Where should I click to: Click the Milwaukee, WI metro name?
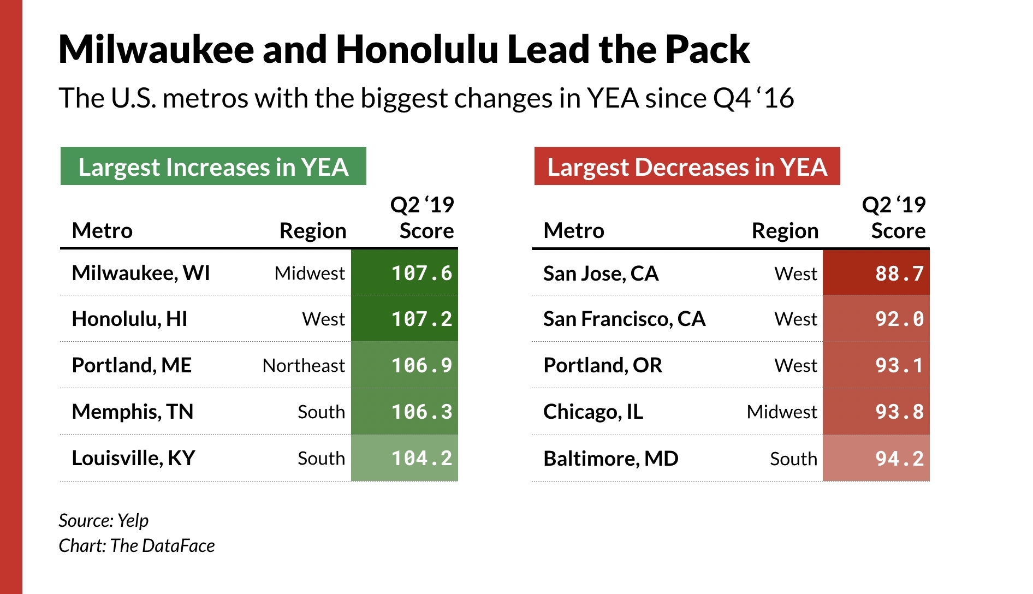[x=141, y=273]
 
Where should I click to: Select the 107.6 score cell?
[x=405, y=273]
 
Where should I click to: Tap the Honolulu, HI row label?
[x=129, y=319]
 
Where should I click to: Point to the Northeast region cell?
[x=304, y=365]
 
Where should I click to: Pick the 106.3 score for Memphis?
[x=405, y=412]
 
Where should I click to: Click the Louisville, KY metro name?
[x=133, y=458]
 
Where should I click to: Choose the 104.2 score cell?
[x=405, y=458]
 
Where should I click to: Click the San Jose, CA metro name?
[x=601, y=273]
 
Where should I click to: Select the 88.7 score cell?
[x=876, y=273]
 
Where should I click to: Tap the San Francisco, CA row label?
[x=624, y=319]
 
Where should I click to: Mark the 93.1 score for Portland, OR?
[x=876, y=365]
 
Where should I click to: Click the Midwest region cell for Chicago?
[x=782, y=412]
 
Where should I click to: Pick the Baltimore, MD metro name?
[x=610, y=459]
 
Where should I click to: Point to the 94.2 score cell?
[x=876, y=459]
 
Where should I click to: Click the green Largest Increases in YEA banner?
[x=213, y=167]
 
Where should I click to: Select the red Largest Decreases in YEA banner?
[x=687, y=167]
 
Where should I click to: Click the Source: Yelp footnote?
[x=103, y=520]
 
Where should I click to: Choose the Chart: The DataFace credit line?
[x=136, y=545]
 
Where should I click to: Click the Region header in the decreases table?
[x=785, y=231]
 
